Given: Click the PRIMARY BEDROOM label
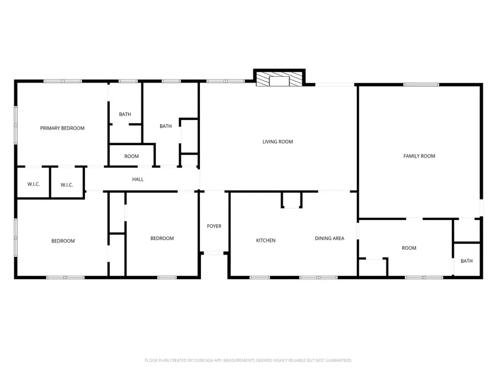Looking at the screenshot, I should click(x=62, y=128).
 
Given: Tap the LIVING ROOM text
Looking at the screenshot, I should click(x=277, y=142).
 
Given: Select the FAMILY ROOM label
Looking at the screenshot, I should click(x=419, y=156).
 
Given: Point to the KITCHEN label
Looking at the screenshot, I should click(x=266, y=240).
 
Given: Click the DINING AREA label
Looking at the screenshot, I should click(x=330, y=238).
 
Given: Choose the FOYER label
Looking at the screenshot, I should click(x=214, y=226).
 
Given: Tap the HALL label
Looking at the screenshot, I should click(x=138, y=179).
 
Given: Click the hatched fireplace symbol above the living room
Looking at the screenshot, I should click(x=279, y=79).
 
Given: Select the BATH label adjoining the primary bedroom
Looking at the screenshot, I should click(x=125, y=114).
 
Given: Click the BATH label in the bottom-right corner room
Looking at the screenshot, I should click(x=467, y=261).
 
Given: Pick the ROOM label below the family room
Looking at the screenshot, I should click(x=409, y=248).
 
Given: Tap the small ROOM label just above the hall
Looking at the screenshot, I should click(x=131, y=156).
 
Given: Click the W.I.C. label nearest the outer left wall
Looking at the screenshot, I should click(x=33, y=184).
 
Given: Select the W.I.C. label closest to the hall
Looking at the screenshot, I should click(x=67, y=185).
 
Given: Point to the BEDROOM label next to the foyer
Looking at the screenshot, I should click(x=162, y=238).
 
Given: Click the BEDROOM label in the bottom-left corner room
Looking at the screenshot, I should click(x=63, y=240).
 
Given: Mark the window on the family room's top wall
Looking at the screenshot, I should click(x=421, y=85).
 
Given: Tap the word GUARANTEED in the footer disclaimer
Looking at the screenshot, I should click(x=337, y=360).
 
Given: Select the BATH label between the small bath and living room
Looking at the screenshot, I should click(x=166, y=126).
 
